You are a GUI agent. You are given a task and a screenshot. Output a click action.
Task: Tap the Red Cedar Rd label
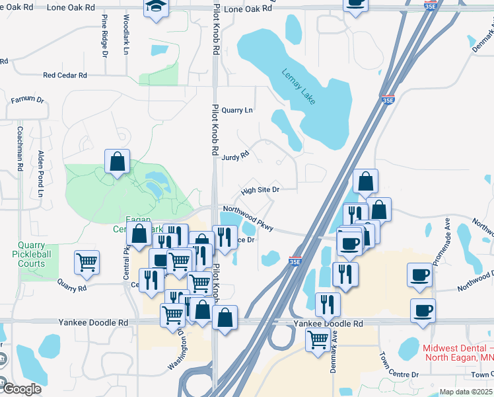pos(65,75)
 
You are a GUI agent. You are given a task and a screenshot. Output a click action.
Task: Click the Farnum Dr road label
pos(27,100)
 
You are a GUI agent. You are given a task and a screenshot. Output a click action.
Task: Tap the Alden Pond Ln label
pos(41,174)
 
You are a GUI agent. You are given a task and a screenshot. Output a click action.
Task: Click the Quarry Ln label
pos(237,110)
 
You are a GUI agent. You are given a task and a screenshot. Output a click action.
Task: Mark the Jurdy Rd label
pos(235,156)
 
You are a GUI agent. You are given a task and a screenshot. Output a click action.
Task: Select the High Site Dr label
pos(260,190)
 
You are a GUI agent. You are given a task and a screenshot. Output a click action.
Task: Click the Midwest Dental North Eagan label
pos(457,353)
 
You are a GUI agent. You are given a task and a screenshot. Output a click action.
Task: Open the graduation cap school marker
pos(156,7)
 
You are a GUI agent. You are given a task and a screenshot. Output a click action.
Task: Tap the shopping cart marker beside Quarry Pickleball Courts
pos(87,262)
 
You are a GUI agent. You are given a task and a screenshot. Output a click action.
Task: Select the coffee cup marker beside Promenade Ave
pos(420,275)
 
